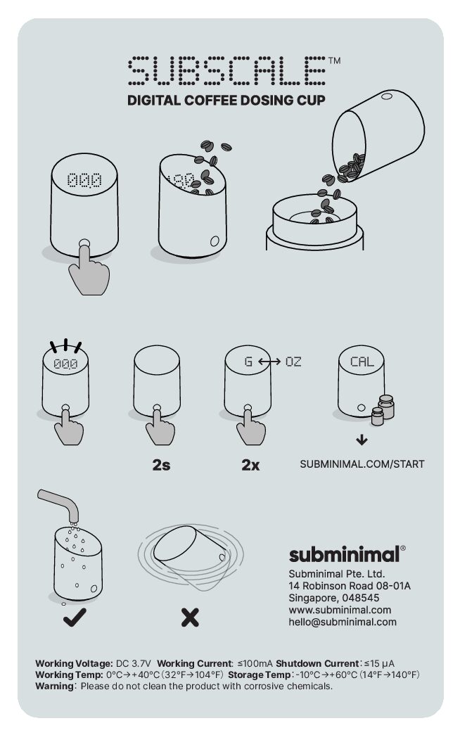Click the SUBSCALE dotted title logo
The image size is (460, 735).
(227, 70)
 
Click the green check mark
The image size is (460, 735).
(75, 618)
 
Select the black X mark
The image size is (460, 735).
(190, 618)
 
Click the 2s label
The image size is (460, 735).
(161, 464)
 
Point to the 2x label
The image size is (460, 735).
(250, 464)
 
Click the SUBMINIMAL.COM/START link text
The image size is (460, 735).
(362, 464)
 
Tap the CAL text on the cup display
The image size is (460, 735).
(362, 362)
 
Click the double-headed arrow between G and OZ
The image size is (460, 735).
(269, 362)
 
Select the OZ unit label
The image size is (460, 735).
(293, 362)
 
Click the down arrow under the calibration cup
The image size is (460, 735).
(362, 440)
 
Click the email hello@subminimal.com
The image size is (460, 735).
(343, 622)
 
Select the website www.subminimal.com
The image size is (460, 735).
(340, 610)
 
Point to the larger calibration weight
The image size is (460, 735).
(386, 407)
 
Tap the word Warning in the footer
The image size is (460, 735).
(54, 686)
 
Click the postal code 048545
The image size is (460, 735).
(361, 598)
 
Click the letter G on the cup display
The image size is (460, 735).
(248, 362)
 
